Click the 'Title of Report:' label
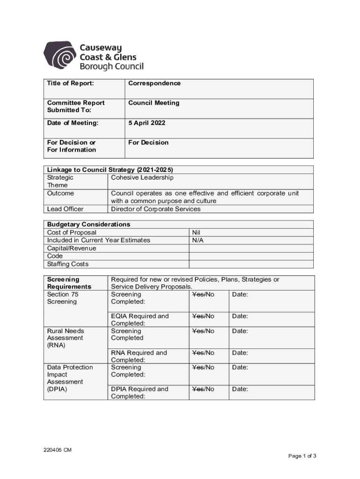(x=70, y=83)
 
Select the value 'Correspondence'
(x=154, y=83)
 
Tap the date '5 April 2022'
(x=147, y=123)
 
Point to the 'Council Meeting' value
(x=154, y=103)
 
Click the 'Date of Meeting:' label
(x=73, y=123)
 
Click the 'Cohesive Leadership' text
(x=142, y=178)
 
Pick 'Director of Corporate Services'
(x=156, y=209)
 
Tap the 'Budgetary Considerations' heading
(x=89, y=225)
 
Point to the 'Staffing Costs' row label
(x=68, y=264)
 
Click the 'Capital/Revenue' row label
(x=72, y=248)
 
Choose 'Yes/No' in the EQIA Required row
(x=203, y=316)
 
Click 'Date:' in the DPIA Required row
(x=240, y=389)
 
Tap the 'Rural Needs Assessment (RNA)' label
(x=65, y=338)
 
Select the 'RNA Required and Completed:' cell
(x=139, y=356)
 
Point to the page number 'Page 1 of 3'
(x=302, y=456)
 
